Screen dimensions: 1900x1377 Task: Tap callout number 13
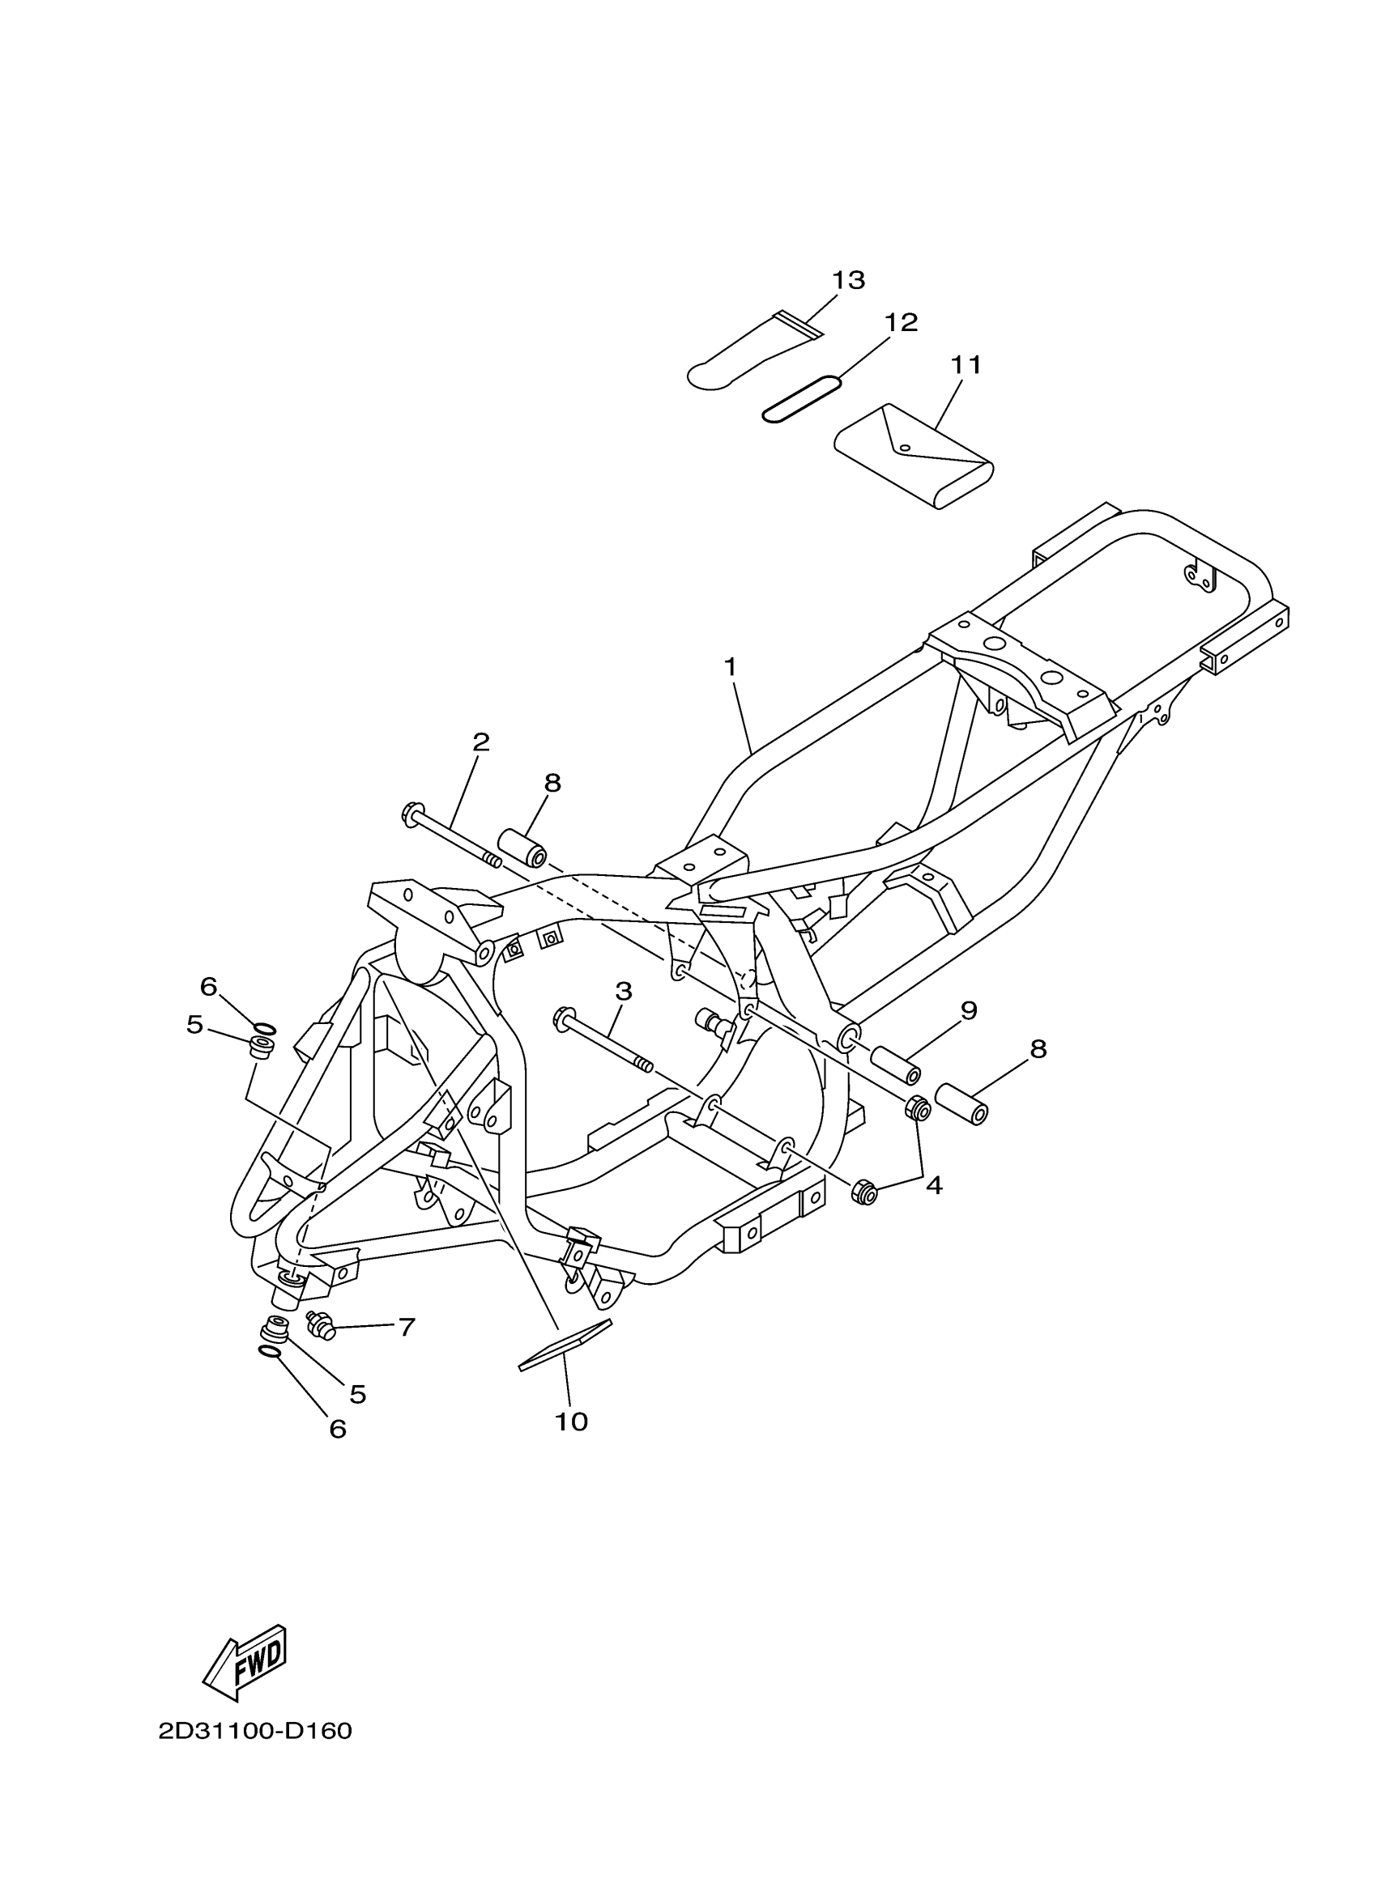(848, 280)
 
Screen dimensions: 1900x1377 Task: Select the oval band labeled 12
(801, 399)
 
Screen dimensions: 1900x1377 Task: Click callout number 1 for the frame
(730, 667)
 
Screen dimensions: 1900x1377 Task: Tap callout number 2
(481, 742)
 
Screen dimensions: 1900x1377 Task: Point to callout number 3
(623, 991)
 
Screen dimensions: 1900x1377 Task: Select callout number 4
(934, 1184)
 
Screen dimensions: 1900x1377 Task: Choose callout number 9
(969, 1010)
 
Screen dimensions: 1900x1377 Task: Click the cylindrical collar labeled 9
(897, 1065)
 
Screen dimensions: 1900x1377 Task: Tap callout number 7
(407, 1327)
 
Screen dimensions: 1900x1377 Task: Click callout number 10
(572, 1422)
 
